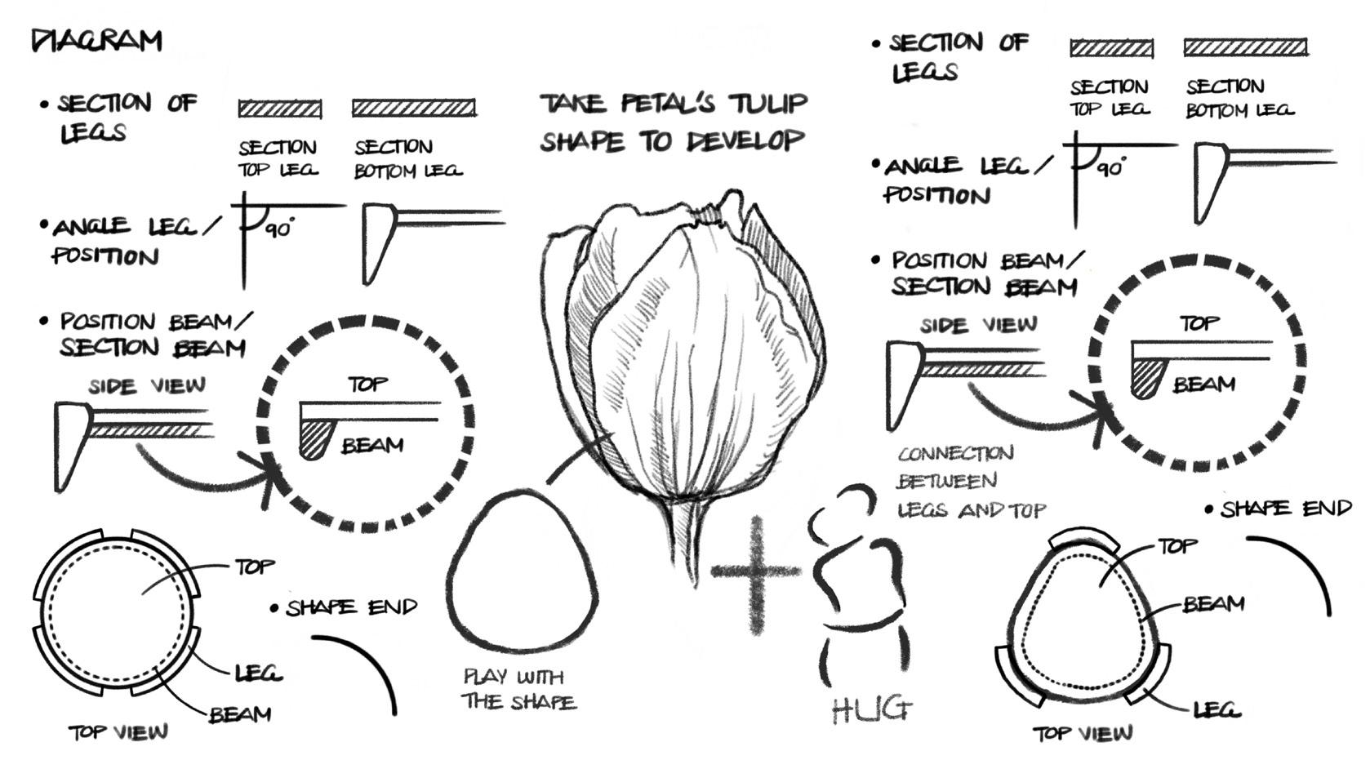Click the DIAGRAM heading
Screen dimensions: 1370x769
[x=96, y=40]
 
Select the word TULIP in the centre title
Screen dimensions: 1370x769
[x=766, y=104]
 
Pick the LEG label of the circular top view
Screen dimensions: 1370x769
[x=258, y=673]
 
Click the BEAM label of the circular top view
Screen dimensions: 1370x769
[x=240, y=715]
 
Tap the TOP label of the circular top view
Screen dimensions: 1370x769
[x=255, y=566]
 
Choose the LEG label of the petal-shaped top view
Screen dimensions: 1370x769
[x=1217, y=709]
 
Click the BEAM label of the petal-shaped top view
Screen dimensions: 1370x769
[x=1213, y=604]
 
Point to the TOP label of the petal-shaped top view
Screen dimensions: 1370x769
[x=1177, y=545]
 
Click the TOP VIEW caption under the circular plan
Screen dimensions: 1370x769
[x=118, y=731]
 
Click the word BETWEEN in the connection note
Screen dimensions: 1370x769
[x=947, y=482]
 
